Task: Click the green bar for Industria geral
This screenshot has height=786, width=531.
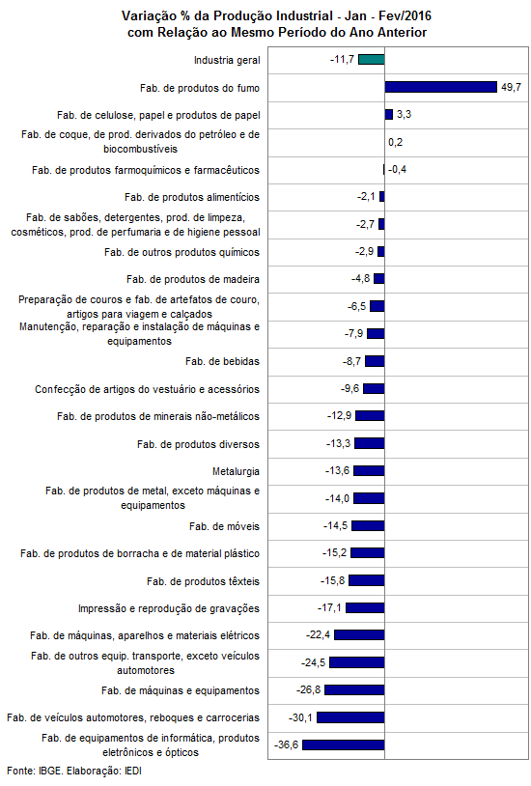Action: coord(372,60)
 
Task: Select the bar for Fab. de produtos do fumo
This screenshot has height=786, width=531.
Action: coord(441,87)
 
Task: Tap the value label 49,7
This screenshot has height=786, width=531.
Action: coord(511,87)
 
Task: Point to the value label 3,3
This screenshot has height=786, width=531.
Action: coord(404,114)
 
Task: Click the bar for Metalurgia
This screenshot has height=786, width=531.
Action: coord(369,470)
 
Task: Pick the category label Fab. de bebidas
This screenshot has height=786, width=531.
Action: coord(223,361)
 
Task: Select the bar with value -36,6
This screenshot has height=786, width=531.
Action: coord(344,744)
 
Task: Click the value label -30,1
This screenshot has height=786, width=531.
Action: coord(300,717)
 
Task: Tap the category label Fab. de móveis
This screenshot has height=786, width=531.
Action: coord(225,526)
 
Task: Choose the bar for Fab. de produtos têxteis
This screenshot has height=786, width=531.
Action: coord(367,580)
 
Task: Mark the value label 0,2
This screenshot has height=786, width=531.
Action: coord(395,142)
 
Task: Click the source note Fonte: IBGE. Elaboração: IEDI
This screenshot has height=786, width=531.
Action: coord(74,771)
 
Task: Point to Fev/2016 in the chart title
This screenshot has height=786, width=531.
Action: coord(405,16)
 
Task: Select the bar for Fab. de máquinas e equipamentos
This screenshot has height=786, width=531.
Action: coord(354,690)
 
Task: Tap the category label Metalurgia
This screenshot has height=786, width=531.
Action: coord(237,472)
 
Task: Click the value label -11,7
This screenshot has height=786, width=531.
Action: coord(342,60)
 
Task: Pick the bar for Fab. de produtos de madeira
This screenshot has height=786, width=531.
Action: coord(379,278)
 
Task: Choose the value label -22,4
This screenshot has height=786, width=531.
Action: coord(318,635)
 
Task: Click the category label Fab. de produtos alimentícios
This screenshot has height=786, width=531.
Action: coord(192,198)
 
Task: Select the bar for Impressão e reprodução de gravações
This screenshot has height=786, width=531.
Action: coord(365,608)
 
